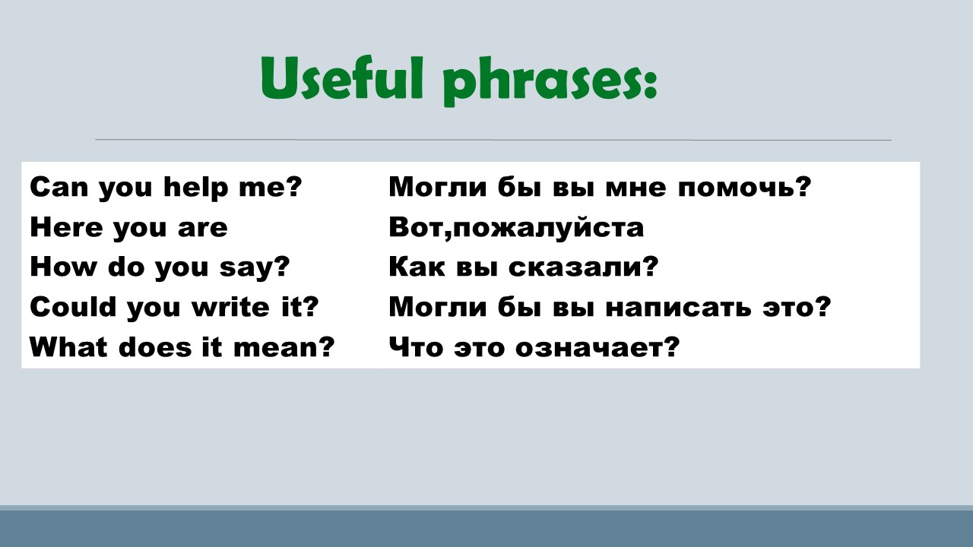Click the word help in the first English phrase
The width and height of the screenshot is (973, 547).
[x=196, y=188]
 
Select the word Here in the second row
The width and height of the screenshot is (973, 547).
[x=66, y=227]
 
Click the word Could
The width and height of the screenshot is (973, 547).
[x=74, y=306]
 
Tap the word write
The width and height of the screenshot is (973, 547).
[x=230, y=306]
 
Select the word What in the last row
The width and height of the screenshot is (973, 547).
[x=68, y=347]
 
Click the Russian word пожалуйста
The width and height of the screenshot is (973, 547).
[x=548, y=227]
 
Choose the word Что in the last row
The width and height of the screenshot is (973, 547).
[x=416, y=347]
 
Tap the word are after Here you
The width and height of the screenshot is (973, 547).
[x=202, y=228]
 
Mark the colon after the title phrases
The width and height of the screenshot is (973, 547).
[x=650, y=84]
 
